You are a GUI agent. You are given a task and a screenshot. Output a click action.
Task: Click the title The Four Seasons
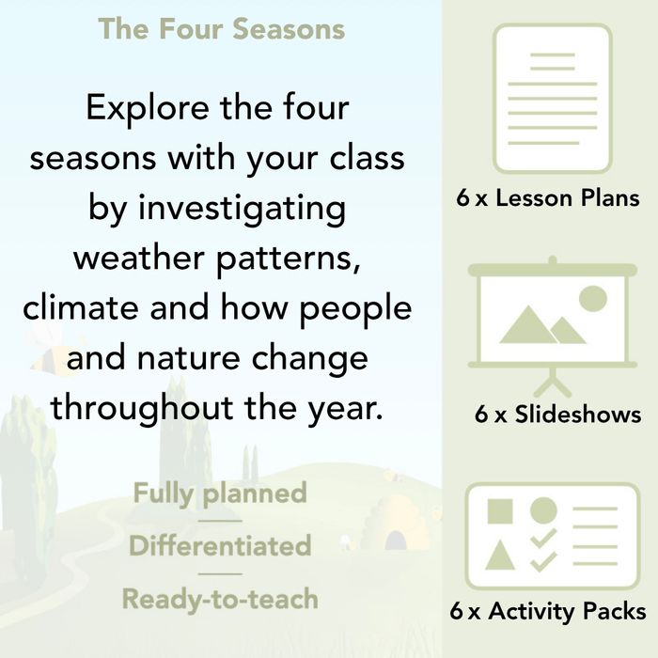coord(222,28)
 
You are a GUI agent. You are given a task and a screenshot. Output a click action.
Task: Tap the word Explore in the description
coord(147,108)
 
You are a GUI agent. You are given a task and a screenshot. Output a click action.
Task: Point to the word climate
coord(83,308)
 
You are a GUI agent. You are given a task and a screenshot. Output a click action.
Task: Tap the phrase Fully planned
coord(220,493)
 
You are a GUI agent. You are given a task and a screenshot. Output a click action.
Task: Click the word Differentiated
coord(220,545)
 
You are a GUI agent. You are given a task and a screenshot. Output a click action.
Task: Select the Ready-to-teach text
coord(220,598)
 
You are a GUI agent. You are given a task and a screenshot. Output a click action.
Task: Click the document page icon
coord(552,97)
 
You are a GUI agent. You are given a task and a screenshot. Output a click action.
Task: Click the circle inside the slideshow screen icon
coord(592,299)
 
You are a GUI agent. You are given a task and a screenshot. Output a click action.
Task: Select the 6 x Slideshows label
coord(557,415)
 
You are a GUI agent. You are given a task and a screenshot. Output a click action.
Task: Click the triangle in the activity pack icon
coord(500,556)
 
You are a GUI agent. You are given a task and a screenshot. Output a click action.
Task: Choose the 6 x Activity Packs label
coord(548,612)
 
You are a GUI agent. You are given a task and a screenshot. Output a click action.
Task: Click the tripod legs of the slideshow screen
coord(552,382)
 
